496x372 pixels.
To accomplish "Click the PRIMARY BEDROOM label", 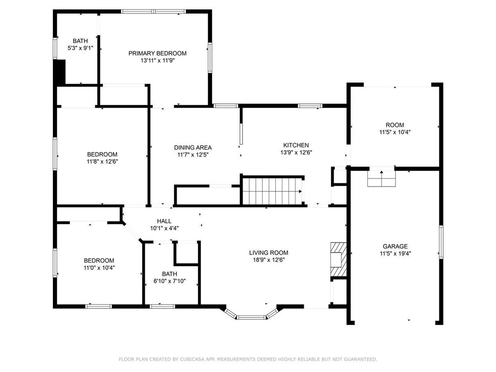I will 157,53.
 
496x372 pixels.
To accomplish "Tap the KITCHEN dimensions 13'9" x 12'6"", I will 296,152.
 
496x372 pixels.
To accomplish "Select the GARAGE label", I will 395,246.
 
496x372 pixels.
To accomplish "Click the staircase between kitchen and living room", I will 272,191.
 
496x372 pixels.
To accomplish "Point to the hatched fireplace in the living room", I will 338,259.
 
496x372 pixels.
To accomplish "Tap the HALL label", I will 164,221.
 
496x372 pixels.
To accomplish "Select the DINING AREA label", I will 193,148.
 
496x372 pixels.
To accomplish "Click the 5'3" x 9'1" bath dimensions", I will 80,48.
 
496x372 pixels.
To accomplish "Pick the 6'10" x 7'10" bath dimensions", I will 169,281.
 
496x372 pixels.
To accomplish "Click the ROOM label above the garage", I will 395,125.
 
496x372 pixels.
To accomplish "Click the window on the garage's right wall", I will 441,242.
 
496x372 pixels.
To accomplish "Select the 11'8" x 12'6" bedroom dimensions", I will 102,161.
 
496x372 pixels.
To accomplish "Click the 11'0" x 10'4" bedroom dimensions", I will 99,268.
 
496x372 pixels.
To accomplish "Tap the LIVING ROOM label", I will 268,253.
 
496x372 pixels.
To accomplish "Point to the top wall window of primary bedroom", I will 153,11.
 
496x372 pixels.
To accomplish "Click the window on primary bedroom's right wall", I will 210,57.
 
